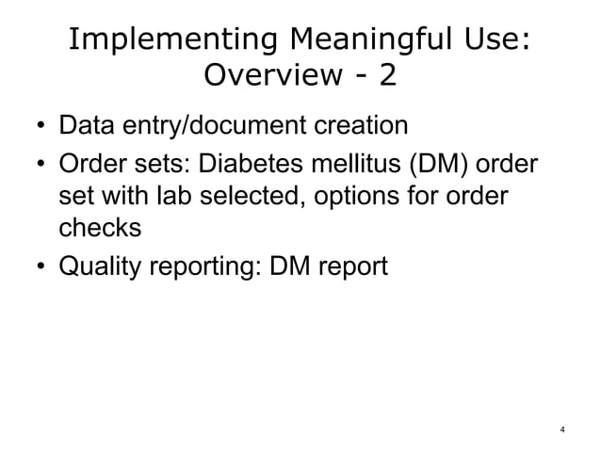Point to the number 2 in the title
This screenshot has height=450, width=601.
(386, 74)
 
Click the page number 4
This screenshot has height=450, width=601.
(562, 430)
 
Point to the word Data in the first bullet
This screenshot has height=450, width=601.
(83, 125)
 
